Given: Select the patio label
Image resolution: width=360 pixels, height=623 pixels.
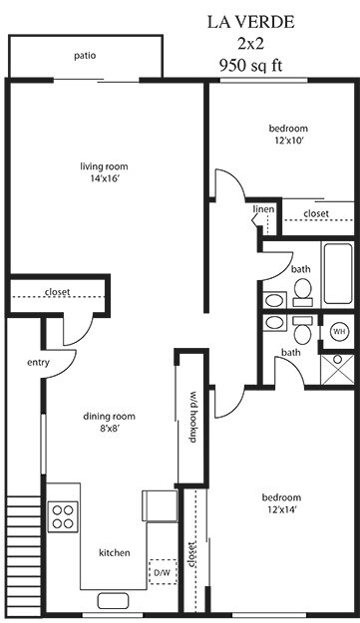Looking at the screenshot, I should click(x=85, y=56).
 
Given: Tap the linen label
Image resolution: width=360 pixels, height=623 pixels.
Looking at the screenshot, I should click(x=263, y=209).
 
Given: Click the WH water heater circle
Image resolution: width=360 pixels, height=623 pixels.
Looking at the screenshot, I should click(x=338, y=331).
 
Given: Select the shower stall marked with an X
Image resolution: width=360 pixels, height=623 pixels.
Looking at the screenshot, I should click(x=338, y=364).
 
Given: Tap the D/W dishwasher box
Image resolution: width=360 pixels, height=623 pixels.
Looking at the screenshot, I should click(x=161, y=573).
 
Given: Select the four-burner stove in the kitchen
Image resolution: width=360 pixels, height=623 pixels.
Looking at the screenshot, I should click(x=64, y=515).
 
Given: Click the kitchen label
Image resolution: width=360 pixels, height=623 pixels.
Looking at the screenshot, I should click(x=114, y=553).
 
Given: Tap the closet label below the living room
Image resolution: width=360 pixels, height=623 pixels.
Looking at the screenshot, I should click(x=57, y=293).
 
